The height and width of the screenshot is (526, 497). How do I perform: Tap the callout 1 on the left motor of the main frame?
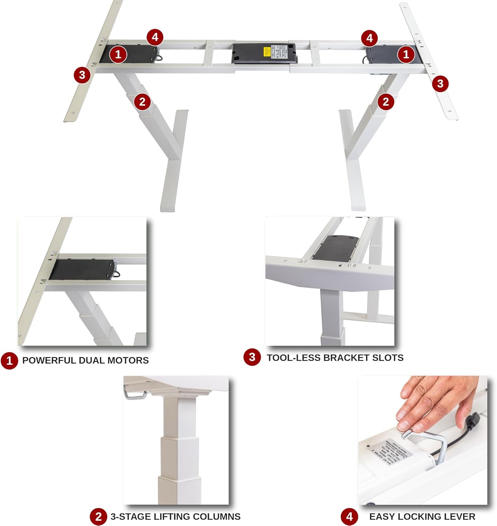tap(118, 55)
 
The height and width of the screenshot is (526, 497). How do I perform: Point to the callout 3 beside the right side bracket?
tap(440, 83)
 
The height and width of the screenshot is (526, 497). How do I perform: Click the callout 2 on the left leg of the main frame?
tap(142, 102)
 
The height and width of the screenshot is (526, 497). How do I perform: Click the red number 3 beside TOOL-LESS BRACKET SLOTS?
tap(252, 357)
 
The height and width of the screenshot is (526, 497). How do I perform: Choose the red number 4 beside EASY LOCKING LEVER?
tap(349, 517)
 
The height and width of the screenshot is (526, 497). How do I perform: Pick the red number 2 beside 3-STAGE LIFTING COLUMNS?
tap(98, 517)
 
